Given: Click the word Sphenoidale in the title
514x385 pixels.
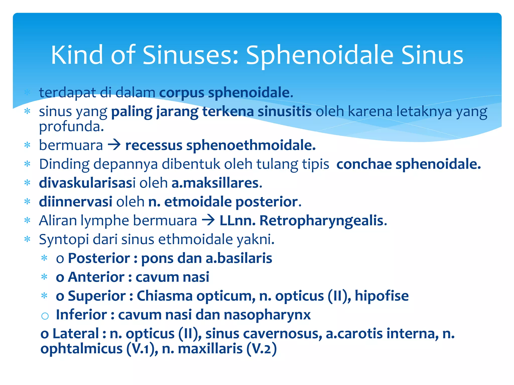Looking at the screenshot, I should click(319, 55).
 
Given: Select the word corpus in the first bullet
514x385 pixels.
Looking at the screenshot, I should click(182, 93).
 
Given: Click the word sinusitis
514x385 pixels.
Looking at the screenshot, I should click(284, 112).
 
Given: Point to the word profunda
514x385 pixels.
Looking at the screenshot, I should click(71, 127).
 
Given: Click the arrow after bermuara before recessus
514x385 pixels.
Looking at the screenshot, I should click(114, 145).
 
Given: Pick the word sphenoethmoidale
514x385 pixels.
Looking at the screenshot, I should click(250, 145).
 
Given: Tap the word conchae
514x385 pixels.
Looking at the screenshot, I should click(364, 164).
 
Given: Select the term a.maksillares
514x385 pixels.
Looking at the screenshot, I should click(217, 183).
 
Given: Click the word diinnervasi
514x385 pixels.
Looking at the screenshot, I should click(76, 202).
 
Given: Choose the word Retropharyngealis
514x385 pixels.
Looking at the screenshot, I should click(323, 221).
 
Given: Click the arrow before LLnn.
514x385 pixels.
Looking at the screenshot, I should click(208, 221).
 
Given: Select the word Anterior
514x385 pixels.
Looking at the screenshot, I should click(96, 277).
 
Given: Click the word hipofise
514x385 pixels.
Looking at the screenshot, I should click(381, 296).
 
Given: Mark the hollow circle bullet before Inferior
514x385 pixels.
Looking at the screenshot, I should click(45, 316).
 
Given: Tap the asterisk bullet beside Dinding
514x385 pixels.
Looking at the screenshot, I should click(27, 164).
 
